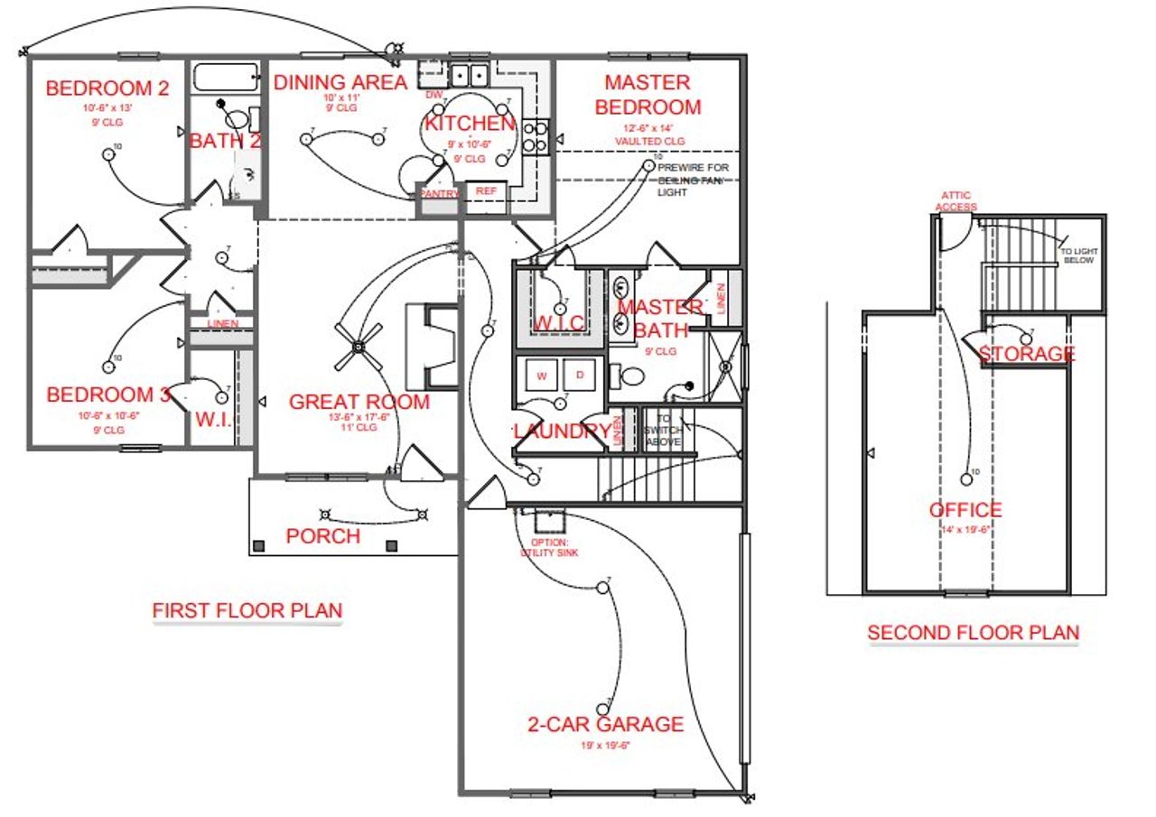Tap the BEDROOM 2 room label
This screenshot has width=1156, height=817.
pyautogui.click(x=107, y=88)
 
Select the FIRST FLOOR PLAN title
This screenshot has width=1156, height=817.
pyautogui.click(x=247, y=611)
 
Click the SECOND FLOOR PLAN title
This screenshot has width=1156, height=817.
pyautogui.click(x=973, y=633)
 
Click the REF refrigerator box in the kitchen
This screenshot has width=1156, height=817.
pyautogui.click(x=486, y=190)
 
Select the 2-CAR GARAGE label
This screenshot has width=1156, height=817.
pyautogui.click(x=605, y=724)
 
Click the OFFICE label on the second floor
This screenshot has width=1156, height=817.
pyautogui.click(x=965, y=511)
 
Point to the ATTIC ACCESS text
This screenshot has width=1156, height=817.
pyautogui.click(x=956, y=200)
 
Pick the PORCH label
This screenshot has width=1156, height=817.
pyautogui.click(x=322, y=536)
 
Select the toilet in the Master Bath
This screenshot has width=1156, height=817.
pyautogui.click(x=627, y=375)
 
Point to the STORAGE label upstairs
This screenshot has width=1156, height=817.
pyautogui.click(x=1027, y=354)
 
